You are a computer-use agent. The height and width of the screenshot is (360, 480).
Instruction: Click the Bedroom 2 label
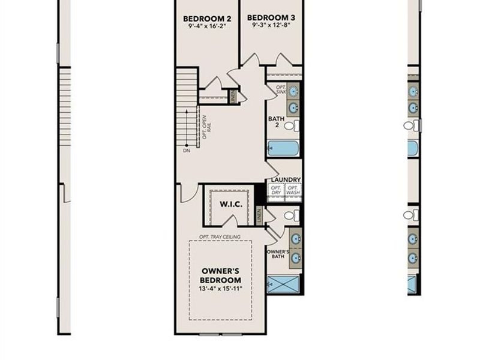point(207,19)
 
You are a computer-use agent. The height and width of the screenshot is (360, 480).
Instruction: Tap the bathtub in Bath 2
point(282,148)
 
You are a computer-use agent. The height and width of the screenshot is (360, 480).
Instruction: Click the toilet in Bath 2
point(290,125)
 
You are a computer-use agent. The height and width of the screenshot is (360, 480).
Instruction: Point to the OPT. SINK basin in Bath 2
point(293,91)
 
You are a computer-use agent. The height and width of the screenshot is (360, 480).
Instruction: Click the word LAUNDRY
point(285,179)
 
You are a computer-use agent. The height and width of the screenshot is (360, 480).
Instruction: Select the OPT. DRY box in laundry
point(276,190)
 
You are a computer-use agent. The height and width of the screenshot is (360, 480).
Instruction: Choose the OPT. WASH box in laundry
point(293,190)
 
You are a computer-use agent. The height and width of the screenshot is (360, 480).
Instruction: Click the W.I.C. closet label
point(230,205)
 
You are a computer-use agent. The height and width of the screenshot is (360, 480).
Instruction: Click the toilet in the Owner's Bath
point(290,215)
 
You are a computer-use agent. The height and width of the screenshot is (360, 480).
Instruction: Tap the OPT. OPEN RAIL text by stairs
point(206,127)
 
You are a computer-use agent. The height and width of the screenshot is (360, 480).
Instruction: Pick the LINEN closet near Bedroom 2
point(233,95)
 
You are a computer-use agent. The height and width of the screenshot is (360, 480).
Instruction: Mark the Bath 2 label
point(275,122)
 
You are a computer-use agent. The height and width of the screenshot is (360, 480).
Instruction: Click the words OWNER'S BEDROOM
point(220,275)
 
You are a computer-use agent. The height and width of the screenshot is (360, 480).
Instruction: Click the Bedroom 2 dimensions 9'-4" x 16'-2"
point(207,27)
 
